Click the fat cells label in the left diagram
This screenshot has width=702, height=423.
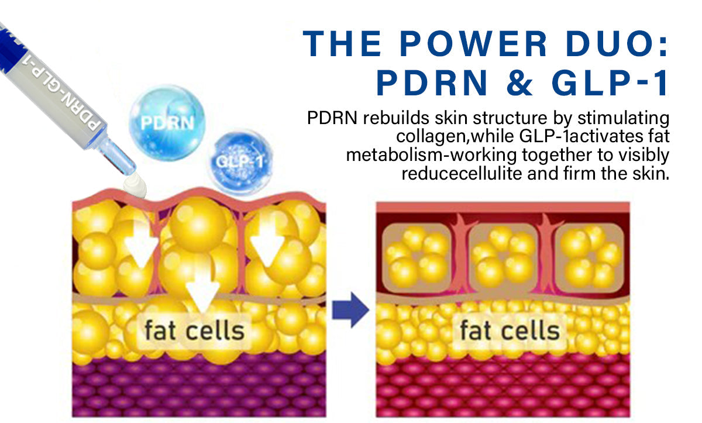[194, 331]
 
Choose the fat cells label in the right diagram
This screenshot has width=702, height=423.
[510, 331]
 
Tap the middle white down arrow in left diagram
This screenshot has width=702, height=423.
[202, 287]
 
